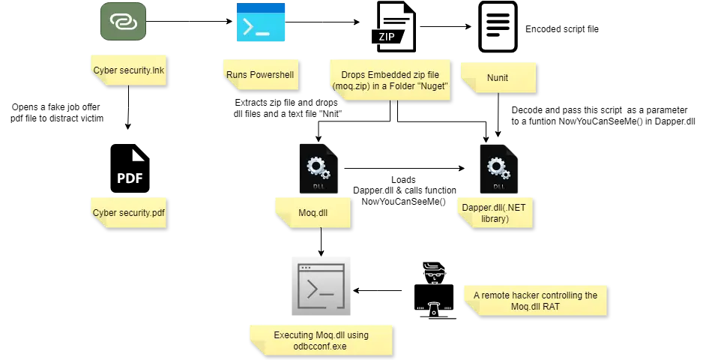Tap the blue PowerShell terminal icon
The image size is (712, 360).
[x=261, y=21]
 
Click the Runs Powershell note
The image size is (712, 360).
[x=261, y=74]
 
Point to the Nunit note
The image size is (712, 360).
[x=498, y=76]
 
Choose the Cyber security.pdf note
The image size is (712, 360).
[x=129, y=212]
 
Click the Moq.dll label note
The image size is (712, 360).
[x=313, y=212]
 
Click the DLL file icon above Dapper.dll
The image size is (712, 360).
[x=495, y=169]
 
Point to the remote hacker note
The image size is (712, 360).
[x=535, y=300]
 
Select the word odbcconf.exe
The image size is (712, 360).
[x=321, y=346]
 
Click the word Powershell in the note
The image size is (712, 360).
[x=273, y=74]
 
